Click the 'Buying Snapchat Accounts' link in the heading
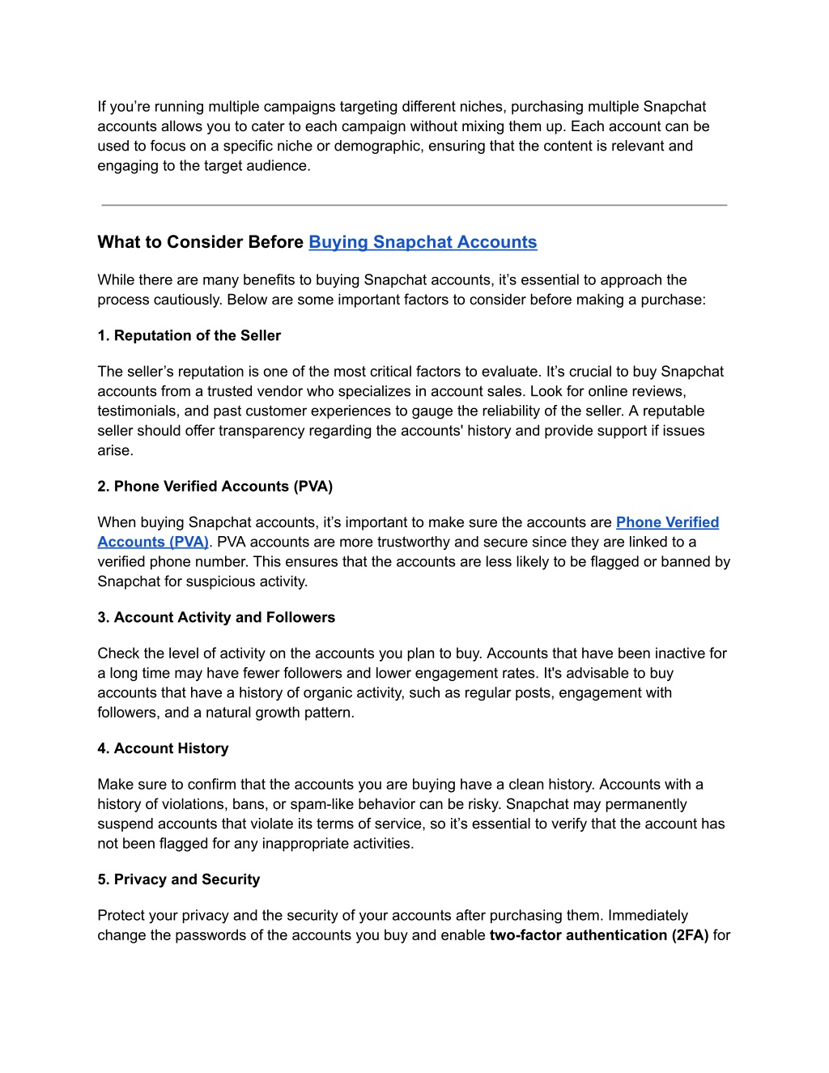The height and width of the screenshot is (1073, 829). pos(423,242)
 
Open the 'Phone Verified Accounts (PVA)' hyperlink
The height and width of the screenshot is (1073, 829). pos(667,522)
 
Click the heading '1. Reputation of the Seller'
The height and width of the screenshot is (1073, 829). pos(189,335)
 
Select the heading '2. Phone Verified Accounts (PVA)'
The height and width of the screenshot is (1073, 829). pos(215,486)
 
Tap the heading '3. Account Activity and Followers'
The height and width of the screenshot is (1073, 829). pos(216,617)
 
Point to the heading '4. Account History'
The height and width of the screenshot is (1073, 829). pos(163,748)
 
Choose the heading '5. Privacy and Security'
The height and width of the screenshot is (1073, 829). pos(178,879)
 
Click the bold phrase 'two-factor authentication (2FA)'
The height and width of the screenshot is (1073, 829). pos(599,935)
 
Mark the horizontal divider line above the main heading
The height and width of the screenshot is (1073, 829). pos(414,205)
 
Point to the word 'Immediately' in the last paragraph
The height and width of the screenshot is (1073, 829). pos(648,915)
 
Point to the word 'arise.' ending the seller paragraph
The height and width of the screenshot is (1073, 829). pos(116,450)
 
